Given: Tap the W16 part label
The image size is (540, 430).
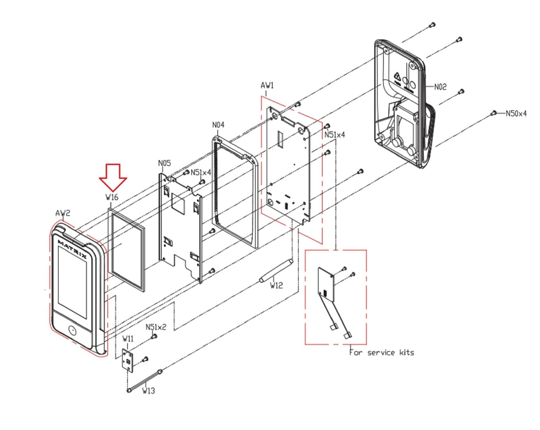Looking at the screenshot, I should click(112, 197).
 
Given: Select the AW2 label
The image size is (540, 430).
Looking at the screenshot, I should click(63, 213).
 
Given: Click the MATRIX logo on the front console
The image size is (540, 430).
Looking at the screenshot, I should click(72, 250).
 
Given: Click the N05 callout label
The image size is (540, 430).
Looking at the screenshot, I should click(164, 163).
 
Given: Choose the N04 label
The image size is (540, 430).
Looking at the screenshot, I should click(218, 125).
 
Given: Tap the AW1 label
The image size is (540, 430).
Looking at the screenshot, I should click(267, 86).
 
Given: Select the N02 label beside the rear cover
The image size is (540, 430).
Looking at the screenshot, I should click(440, 87).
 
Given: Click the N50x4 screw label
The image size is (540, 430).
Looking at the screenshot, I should click(516, 114).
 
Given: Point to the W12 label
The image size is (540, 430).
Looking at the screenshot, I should click(276, 286).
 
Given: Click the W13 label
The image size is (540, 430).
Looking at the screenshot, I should click(148, 391).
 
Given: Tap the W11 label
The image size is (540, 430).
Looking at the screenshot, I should click(128, 338).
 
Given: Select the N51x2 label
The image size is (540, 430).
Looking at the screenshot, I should click(156, 327).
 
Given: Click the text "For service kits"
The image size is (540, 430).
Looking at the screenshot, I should click(381, 352).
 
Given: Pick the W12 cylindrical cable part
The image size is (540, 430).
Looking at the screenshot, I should click(276, 271).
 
